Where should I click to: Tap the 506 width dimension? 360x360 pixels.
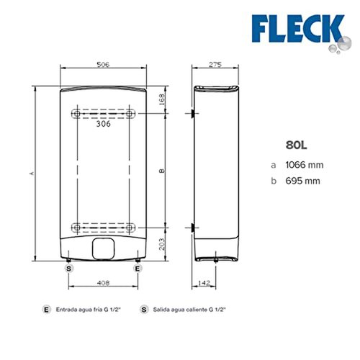tap(103, 64)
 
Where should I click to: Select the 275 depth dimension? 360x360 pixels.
tap(215, 64)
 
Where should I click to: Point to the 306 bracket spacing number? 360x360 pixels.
tap(104, 124)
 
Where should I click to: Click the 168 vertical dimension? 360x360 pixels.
tap(162, 99)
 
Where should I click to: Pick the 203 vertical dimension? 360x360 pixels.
tap(162, 244)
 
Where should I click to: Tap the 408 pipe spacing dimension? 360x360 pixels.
tap(103, 283)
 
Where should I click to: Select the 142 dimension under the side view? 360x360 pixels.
tap(204, 283)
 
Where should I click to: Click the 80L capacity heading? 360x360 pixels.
tap(296, 145)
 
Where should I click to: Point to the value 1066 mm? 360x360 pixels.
tap(305, 165)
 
